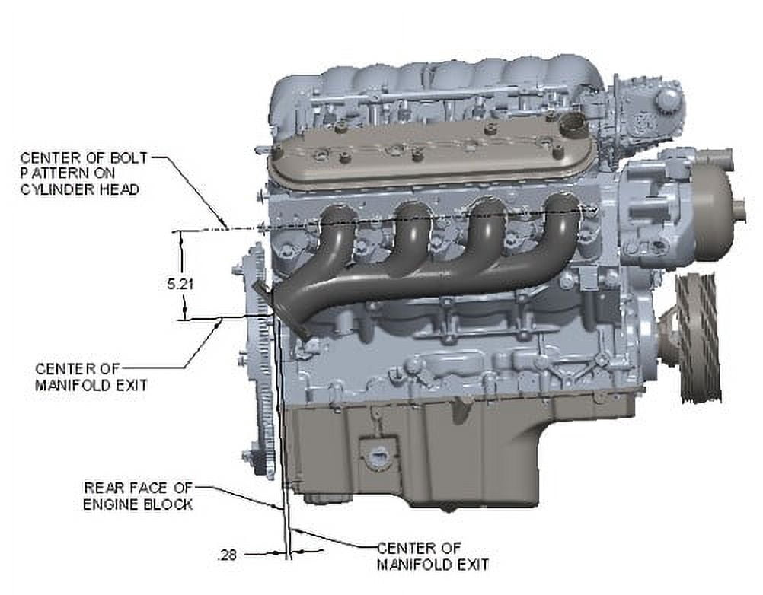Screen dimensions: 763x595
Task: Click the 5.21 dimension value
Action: click(x=180, y=283)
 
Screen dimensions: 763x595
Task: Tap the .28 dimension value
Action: click(x=227, y=555)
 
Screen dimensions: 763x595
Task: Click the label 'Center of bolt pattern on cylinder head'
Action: click(x=83, y=173)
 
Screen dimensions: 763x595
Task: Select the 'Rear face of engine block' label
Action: click(x=138, y=496)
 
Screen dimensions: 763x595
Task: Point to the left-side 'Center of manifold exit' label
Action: click(x=91, y=377)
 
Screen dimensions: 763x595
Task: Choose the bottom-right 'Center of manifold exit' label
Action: click(x=433, y=556)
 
